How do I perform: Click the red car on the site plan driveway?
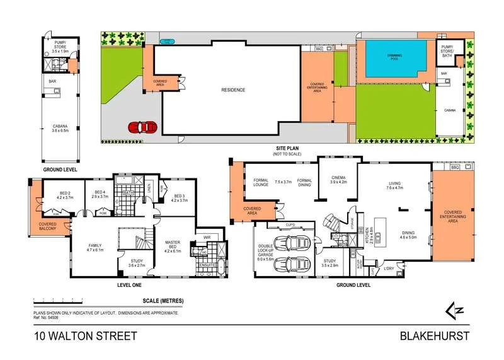coord(142,127)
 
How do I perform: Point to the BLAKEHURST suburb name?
coord(435,336)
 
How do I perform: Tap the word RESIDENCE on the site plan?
coord(232,90)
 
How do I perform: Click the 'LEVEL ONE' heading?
coord(129,285)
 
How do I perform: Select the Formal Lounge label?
coord(261,183)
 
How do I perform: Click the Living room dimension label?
coord(394,187)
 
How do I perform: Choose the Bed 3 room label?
coord(179,197)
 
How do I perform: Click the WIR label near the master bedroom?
coord(205,238)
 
